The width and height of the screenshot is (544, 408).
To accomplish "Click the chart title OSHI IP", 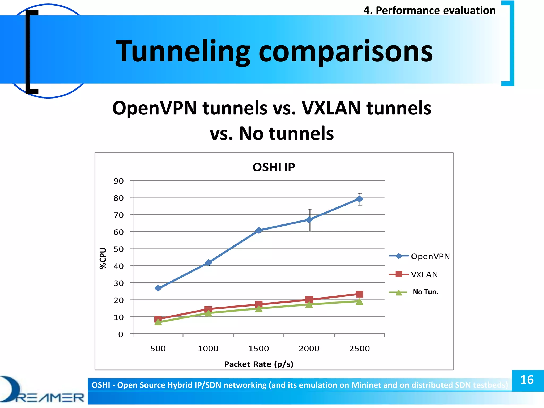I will [273, 167].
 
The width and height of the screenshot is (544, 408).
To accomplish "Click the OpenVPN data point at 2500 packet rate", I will [359, 199].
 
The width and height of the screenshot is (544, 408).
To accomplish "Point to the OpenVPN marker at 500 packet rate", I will [158, 288].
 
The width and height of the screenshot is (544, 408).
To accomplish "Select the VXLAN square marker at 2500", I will [359, 294].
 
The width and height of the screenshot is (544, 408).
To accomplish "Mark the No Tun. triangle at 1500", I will [259, 309].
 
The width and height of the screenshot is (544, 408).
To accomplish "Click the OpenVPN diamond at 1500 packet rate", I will [259, 230].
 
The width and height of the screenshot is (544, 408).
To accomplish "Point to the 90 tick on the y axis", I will [118, 181].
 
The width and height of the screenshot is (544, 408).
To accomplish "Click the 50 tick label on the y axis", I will [118, 249].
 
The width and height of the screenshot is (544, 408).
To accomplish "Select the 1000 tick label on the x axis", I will [208, 348].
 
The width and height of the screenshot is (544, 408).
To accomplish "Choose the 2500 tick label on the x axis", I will [359, 348].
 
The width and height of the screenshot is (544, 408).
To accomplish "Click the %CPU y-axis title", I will [103, 258].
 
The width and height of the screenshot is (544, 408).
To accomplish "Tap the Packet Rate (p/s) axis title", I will [258, 364].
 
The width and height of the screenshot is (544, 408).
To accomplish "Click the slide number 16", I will [527, 380].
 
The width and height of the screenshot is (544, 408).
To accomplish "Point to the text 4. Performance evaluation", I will [430, 11].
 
